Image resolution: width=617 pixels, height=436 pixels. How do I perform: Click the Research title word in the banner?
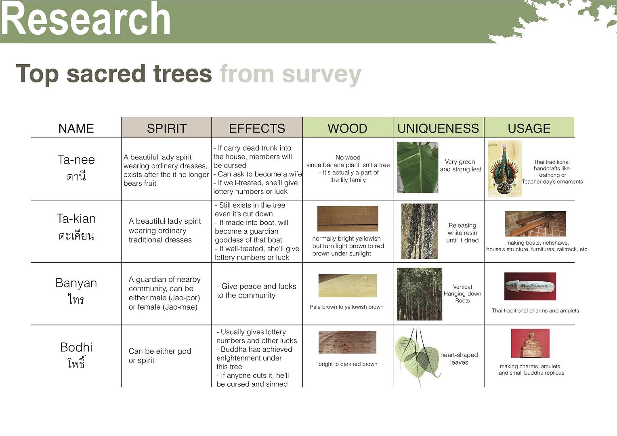point(85,18)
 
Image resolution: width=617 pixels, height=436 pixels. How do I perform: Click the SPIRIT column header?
point(167,128)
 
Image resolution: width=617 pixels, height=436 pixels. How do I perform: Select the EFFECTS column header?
point(257,128)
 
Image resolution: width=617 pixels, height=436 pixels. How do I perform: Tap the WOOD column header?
point(347,128)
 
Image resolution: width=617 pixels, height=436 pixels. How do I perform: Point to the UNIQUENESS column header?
point(438,128)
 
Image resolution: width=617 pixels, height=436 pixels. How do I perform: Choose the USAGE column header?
point(529,128)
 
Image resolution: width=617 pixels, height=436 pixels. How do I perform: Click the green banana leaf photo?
point(418,167)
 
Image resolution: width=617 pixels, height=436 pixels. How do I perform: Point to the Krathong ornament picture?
point(505,169)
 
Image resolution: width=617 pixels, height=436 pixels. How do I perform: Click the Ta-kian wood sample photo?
point(348,218)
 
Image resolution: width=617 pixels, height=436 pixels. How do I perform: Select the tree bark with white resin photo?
point(420,231)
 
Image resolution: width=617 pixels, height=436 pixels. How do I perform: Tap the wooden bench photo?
point(535,224)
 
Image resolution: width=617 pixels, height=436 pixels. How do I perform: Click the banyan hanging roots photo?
point(420,294)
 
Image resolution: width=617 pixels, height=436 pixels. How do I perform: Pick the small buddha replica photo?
point(530,343)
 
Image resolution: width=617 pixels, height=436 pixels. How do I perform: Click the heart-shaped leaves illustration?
point(417,356)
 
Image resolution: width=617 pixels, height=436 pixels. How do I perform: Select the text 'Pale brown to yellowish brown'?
point(346,307)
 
